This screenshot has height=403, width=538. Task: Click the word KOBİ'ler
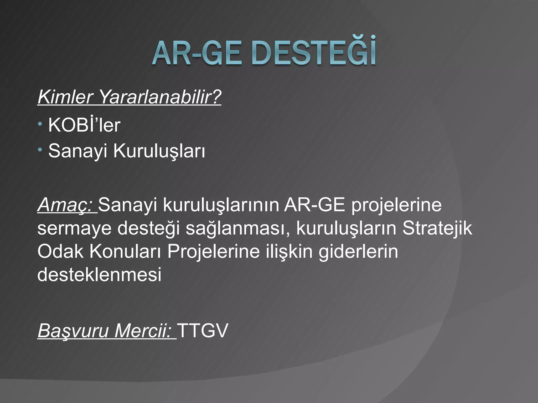(84, 125)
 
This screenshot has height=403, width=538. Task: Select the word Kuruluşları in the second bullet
(159, 151)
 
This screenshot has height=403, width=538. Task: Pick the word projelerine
(396, 205)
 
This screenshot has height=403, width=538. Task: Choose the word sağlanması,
(239, 229)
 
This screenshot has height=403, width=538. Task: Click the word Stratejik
(437, 228)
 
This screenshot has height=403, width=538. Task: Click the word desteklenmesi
(99, 274)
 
